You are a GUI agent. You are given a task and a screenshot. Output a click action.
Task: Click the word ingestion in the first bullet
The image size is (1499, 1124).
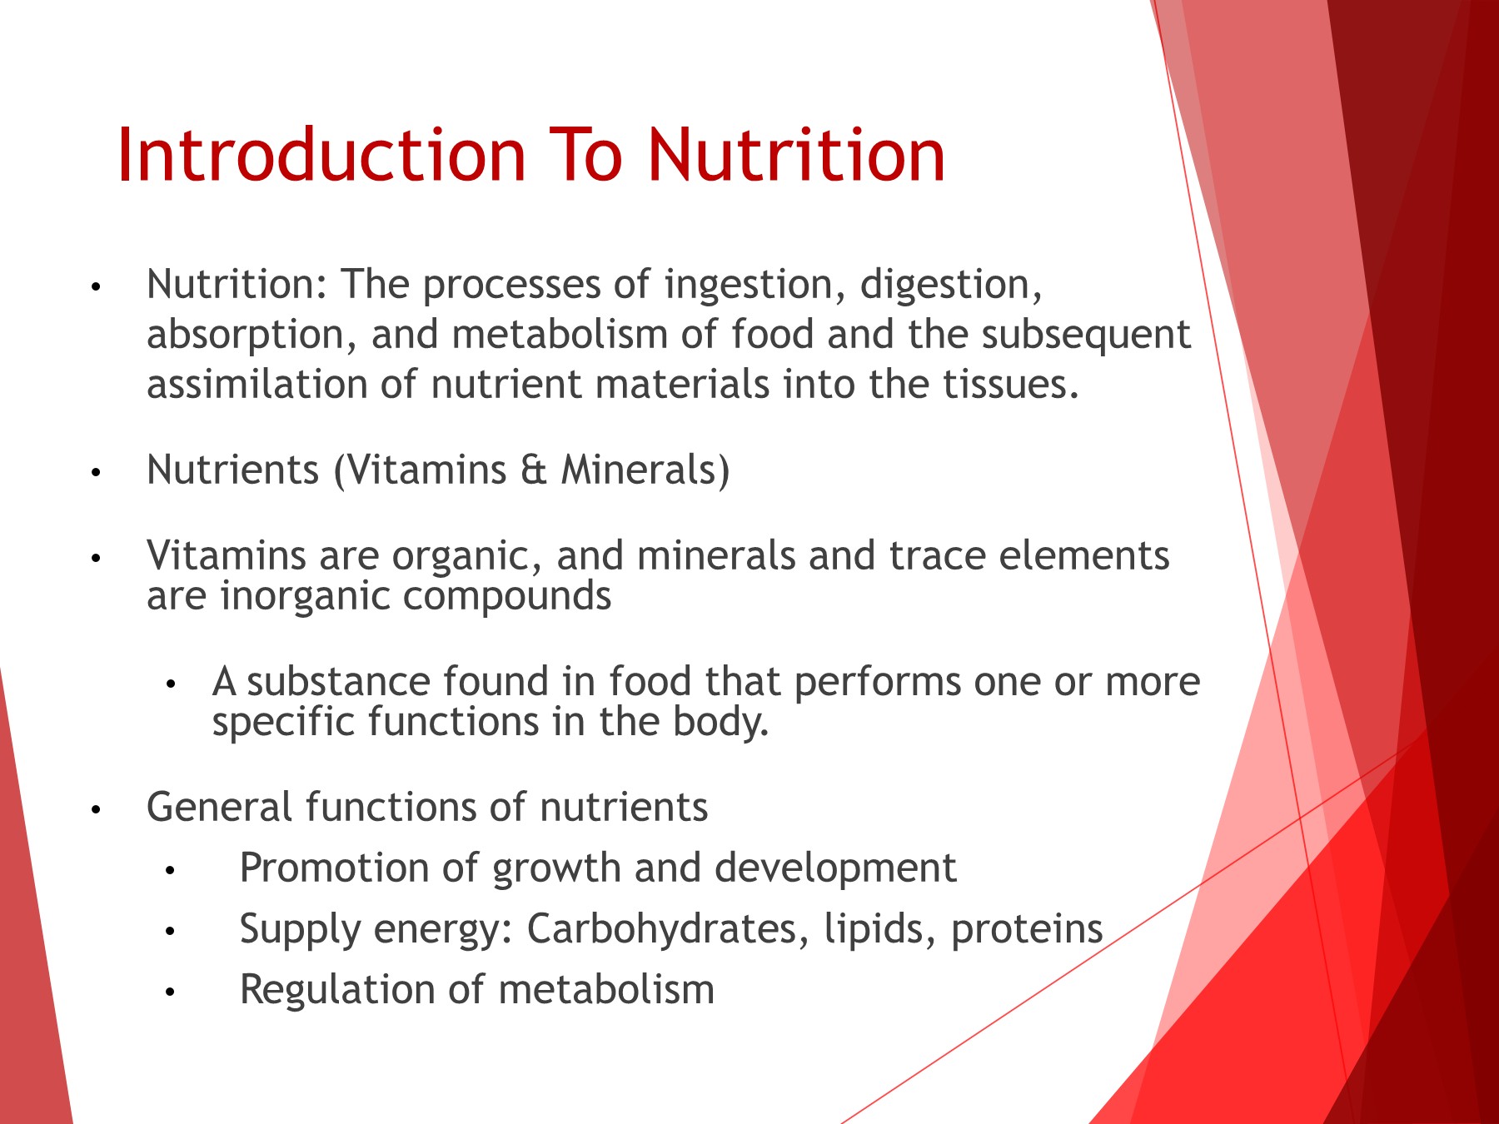(x=749, y=286)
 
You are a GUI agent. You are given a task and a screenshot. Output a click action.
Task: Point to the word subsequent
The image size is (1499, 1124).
(x=1086, y=336)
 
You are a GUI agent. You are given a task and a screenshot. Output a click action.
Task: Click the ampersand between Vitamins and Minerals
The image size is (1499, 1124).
(x=534, y=470)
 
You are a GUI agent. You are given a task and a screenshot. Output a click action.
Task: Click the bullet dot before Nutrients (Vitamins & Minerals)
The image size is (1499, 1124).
(x=96, y=473)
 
